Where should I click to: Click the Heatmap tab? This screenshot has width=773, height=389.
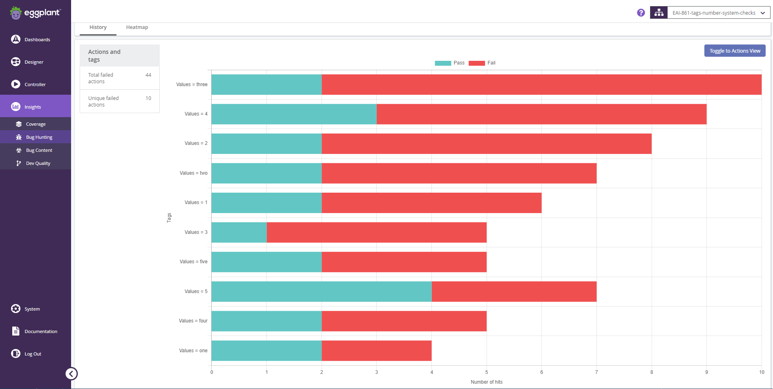click(137, 27)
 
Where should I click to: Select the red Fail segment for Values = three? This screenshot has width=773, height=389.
click(541, 84)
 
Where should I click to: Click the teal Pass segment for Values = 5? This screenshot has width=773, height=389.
click(322, 291)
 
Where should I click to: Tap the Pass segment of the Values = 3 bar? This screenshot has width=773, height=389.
click(239, 232)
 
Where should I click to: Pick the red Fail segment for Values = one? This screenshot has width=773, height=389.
click(376, 351)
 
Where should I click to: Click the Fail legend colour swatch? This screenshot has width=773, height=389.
click(476, 63)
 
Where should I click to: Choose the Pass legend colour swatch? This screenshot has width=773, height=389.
click(443, 63)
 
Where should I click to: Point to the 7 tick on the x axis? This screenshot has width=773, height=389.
click(597, 372)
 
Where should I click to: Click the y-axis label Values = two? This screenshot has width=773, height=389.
click(193, 173)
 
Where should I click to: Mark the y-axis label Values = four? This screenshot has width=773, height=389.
click(193, 321)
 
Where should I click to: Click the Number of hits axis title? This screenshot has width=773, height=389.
click(486, 382)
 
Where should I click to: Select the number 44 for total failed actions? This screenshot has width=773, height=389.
click(148, 75)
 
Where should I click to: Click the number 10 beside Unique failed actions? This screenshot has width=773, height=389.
click(148, 98)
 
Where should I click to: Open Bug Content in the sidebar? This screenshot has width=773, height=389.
click(39, 150)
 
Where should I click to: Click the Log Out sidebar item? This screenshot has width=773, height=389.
click(33, 354)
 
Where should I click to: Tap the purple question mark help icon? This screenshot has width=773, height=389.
click(641, 13)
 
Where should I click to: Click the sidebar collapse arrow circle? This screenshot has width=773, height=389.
click(71, 373)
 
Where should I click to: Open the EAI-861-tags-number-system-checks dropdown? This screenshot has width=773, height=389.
click(718, 13)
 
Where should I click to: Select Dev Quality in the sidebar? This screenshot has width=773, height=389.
click(38, 163)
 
